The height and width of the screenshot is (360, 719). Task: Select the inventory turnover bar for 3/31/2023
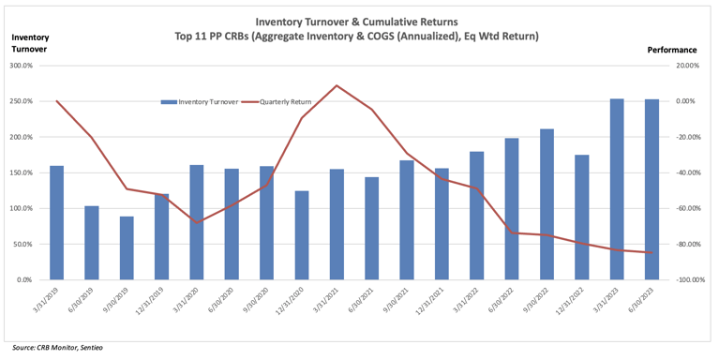pyautogui.click(x=617, y=189)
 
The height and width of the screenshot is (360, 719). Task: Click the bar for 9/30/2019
pyautogui.click(x=127, y=248)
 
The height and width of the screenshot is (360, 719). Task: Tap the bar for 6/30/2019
pyautogui.click(x=92, y=243)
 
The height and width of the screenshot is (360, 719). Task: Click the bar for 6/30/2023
pyautogui.click(x=652, y=189)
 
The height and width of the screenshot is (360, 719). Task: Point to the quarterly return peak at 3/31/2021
pyautogui.click(x=337, y=85)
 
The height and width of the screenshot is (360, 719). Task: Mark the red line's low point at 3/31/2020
pyautogui.click(x=197, y=223)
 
